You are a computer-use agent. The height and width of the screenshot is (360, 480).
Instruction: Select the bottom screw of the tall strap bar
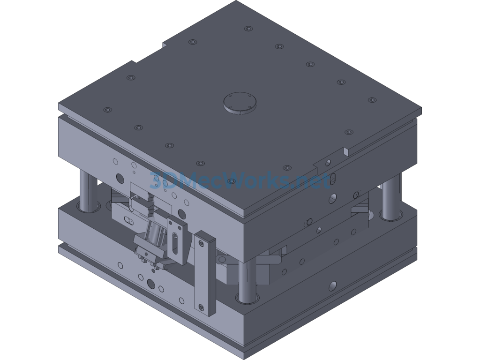click(x=202, y=307)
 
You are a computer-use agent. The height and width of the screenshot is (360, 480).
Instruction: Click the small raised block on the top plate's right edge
click(x=346, y=151)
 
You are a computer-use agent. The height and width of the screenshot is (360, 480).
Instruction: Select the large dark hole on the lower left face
click(x=151, y=284)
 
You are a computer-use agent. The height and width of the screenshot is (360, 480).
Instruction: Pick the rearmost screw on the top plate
click(x=248, y=29)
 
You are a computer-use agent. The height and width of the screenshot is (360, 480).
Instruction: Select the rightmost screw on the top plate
click(x=371, y=99)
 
